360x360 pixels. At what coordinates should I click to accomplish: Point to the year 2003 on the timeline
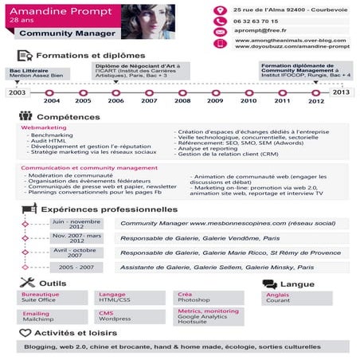(17, 92)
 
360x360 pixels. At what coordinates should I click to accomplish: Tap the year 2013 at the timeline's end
(342, 92)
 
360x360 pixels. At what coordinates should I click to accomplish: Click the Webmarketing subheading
(44, 127)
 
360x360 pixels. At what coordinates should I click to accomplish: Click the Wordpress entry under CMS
(115, 319)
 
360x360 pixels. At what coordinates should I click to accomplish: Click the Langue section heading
(296, 284)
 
